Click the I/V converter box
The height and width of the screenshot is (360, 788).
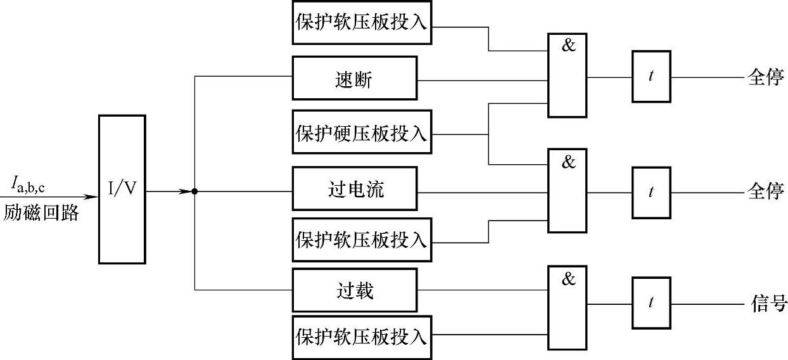click(122, 190)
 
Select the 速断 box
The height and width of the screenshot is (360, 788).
click(355, 78)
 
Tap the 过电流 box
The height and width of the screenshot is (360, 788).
click(355, 189)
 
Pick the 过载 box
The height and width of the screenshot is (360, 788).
click(355, 290)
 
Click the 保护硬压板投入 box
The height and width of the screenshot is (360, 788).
click(362, 132)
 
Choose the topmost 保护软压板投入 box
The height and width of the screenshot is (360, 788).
click(362, 22)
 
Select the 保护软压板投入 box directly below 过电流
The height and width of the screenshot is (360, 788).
click(362, 240)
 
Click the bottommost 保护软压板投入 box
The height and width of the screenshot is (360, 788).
click(362, 337)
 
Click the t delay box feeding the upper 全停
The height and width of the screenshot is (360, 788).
click(651, 77)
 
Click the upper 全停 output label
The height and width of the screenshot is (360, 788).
click(766, 78)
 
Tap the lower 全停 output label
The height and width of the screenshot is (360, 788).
click(766, 191)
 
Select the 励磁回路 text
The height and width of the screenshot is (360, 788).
click(41, 212)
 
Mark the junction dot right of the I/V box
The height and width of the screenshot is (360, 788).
click(194, 191)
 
